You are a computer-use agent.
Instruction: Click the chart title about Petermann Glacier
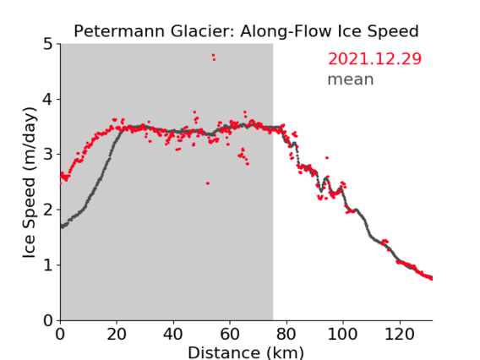pyautogui.click(x=246, y=31)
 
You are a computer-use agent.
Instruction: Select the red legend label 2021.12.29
pyautogui.click(x=374, y=59)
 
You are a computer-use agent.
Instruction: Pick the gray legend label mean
pyautogui.click(x=351, y=79)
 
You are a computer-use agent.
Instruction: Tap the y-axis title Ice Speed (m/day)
pyautogui.click(x=30, y=183)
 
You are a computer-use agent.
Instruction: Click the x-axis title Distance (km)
pyautogui.click(x=246, y=352)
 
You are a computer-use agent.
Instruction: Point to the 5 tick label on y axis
pyautogui.click(x=48, y=44)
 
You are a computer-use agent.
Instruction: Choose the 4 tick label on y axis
pyautogui.click(x=48, y=99)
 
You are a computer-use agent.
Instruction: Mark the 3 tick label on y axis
pyautogui.click(x=48, y=155)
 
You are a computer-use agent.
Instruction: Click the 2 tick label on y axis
pyautogui.click(x=48, y=210)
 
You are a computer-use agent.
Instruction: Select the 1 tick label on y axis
pyautogui.click(x=48, y=265)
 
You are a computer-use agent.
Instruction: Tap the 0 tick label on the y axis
pyautogui.click(x=48, y=320)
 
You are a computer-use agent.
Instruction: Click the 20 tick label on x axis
pyautogui.click(x=117, y=334)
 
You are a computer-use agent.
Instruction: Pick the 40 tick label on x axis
pyautogui.click(x=173, y=334)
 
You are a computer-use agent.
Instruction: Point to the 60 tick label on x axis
pyautogui.click(x=230, y=334)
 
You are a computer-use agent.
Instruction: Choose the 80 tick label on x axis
pyautogui.click(x=286, y=334)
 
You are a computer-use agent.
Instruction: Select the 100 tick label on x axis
pyautogui.click(x=342, y=334)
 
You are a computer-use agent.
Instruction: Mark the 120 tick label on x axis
pyautogui.click(x=400, y=334)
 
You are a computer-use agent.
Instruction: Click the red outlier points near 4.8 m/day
pyautogui.click(x=213, y=57)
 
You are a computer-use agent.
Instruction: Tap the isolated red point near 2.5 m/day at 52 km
pyautogui.click(x=208, y=183)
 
